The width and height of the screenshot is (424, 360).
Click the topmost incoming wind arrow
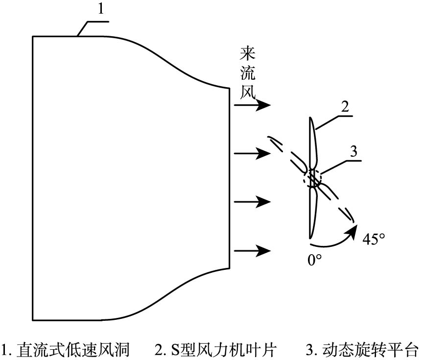253,105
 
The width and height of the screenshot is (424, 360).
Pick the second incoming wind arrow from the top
253,154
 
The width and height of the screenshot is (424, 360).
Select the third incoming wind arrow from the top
253,202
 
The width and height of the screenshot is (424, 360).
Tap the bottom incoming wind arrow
253,251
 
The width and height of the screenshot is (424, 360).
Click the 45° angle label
374,240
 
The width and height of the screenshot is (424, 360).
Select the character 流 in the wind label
247,73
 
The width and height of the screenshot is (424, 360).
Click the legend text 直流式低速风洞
73,350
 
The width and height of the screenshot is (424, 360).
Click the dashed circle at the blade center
312,177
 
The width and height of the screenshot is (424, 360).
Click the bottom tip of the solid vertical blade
310,237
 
